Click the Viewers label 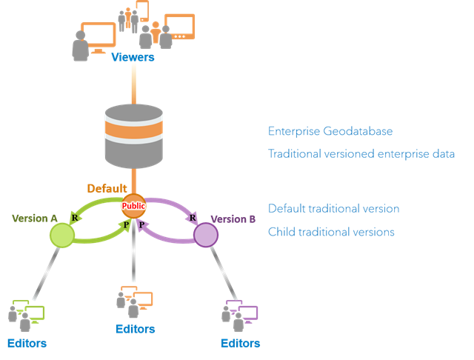[133, 57]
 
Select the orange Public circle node [133, 207]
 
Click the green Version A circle [61, 236]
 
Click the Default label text [107, 188]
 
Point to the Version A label [35, 219]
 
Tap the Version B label [233, 219]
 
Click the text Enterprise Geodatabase [330, 132]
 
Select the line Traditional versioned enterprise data [361, 154]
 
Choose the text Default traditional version [334, 209]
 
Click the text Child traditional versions [331, 232]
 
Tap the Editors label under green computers [27, 343]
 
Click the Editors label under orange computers [136, 329]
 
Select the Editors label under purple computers [241, 343]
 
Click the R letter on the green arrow [75, 217]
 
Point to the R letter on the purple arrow [193, 218]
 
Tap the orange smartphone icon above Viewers [143, 10]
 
